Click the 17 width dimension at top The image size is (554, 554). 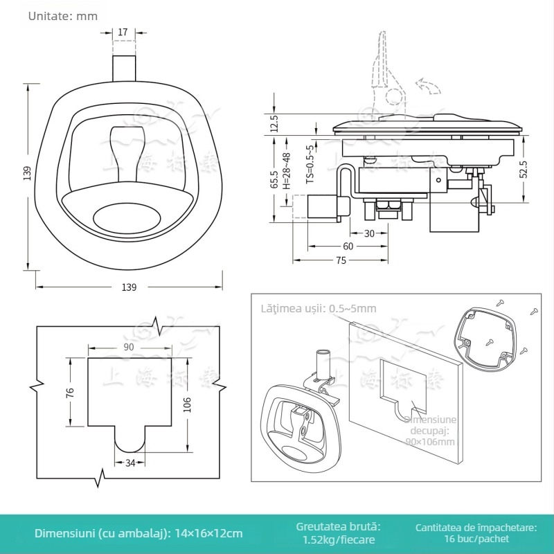123,32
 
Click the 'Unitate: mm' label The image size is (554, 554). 63,15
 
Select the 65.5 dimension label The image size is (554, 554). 274,179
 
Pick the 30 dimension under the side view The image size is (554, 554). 369,233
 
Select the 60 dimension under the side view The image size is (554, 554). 348,247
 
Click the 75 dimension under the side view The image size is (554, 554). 341,260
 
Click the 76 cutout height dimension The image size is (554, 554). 69,393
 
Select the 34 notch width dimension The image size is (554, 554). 129,463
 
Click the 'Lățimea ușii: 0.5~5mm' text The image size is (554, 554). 319,308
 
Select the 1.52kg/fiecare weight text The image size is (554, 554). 339,539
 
